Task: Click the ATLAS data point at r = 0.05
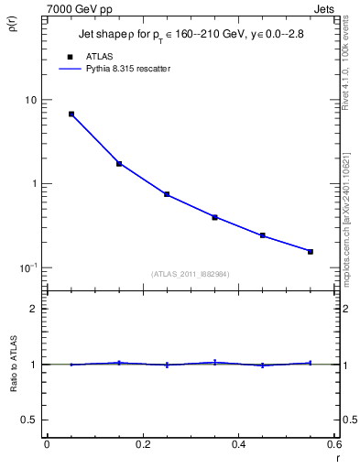71,115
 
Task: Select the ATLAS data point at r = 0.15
119,164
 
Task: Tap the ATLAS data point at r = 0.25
167,194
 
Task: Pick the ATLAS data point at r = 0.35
214,217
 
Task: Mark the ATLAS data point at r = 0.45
263,235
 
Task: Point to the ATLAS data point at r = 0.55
311,251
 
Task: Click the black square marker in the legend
71,56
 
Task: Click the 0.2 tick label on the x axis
142,445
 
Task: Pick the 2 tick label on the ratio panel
35,309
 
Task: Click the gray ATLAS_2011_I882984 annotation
191,274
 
